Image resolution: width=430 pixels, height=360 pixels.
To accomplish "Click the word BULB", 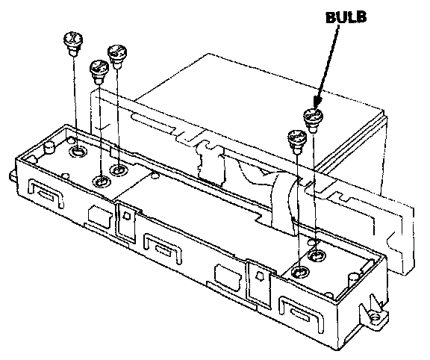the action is click(x=346, y=18).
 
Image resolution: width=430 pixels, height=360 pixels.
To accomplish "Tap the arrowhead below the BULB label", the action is click(x=317, y=102).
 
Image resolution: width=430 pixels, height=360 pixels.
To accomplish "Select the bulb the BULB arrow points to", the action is click(x=314, y=120).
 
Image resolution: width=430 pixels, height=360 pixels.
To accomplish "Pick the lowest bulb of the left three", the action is click(x=99, y=72).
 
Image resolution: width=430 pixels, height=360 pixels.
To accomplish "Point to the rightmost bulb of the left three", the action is click(x=117, y=57).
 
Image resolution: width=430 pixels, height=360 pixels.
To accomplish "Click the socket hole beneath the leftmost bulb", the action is click(x=78, y=151).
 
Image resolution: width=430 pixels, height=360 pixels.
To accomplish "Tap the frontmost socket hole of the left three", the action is click(x=102, y=181).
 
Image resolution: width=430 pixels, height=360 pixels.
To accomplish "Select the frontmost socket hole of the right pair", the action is click(x=300, y=272).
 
